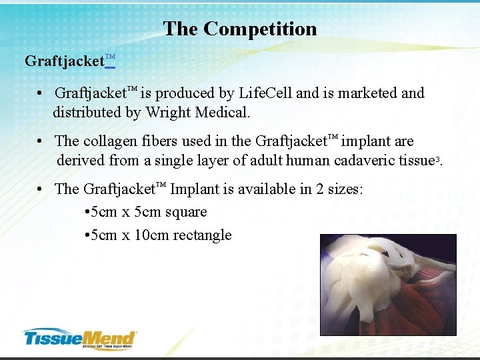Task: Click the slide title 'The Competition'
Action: click(x=240, y=29)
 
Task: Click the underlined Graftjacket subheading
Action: click(x=69, y=61)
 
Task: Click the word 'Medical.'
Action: click(x=224, y=113)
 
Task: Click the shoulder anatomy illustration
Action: click(x=388, y=284)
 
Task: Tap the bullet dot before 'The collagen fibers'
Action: click(x=41, y=141)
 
